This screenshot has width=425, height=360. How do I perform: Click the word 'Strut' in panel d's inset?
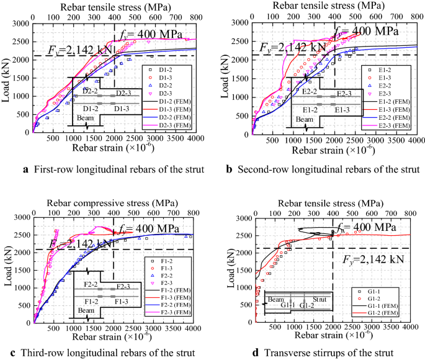[320, 298]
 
